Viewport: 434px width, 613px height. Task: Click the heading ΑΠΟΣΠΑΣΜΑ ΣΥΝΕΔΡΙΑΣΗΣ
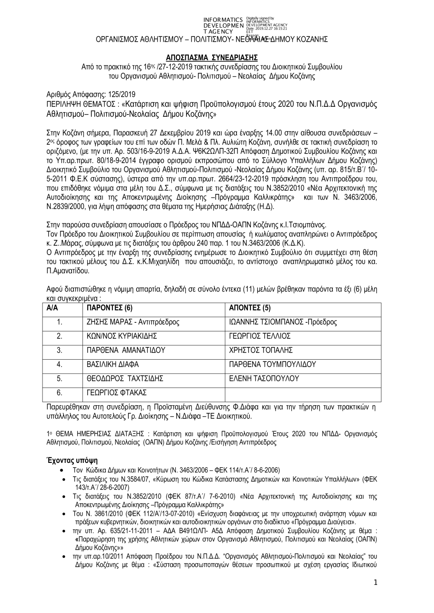[x=212, y=57]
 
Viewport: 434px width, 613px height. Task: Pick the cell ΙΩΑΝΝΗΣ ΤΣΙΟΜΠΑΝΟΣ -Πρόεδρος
[x=283, y=322]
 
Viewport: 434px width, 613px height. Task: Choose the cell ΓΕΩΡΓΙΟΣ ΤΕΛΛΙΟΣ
[x=260, y=336]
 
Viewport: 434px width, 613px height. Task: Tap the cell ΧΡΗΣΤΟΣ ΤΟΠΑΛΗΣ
[x=260, y=351]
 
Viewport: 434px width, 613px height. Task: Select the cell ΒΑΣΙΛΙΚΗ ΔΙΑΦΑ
[x=113, y=364]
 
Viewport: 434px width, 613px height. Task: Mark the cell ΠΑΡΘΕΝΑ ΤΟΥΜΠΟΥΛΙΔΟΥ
[x=272, y=364]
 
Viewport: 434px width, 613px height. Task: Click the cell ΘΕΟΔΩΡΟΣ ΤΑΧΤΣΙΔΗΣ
[x=125, y=379]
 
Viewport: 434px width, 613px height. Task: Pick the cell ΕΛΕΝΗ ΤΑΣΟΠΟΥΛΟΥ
[x=264, y=379]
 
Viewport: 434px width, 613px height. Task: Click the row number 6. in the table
[x=60, y=393]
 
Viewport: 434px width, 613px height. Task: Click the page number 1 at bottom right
[x=375, y=584]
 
